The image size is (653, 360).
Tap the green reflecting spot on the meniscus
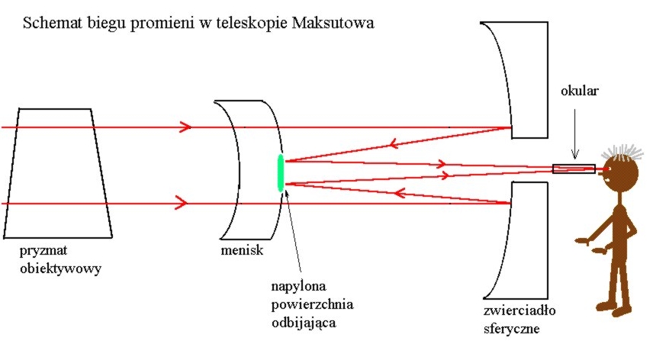[x=280, y=172]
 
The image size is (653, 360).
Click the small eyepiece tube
[x=574, y=169]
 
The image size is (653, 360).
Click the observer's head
[x=622, y=174]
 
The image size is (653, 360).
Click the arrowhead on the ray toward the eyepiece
[x=441, y=163]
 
